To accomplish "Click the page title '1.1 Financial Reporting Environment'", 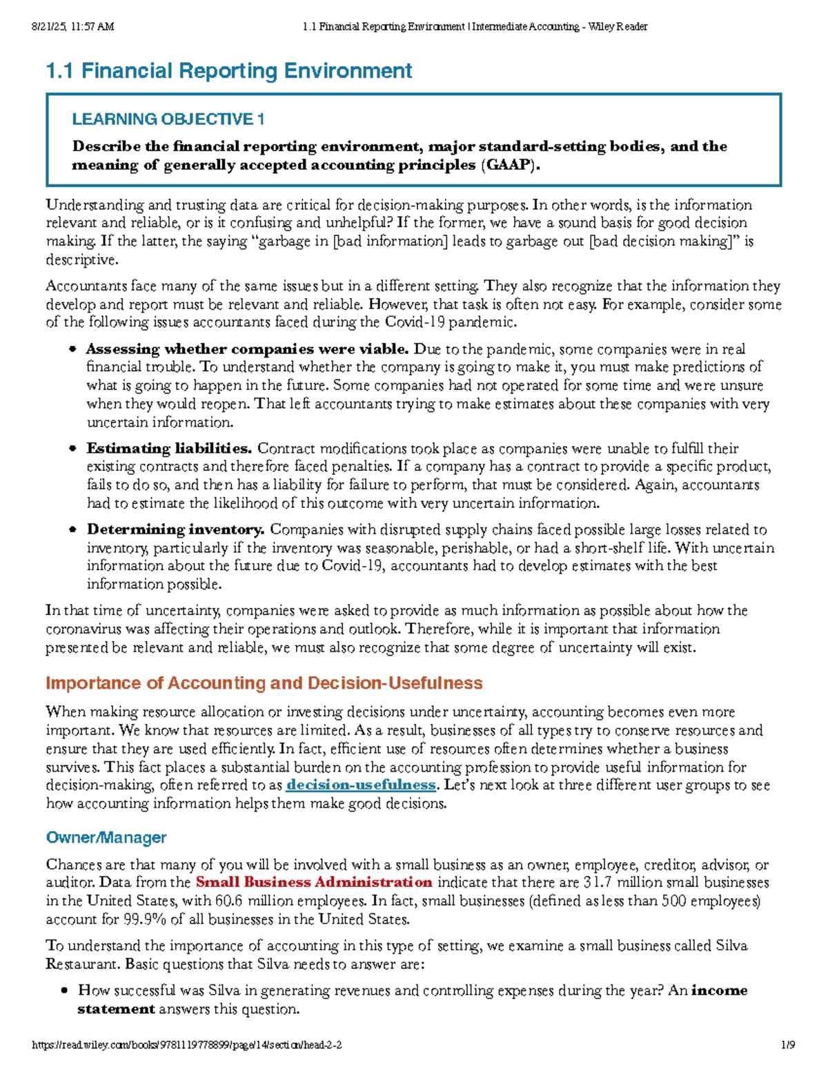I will click(228, 71).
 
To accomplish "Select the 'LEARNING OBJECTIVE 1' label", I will click(168, 119).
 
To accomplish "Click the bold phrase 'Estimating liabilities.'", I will click(169, 449).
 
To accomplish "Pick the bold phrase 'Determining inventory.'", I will click(175, 530).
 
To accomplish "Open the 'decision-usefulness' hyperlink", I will click(361, 786).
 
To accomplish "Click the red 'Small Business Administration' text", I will click(314, 883).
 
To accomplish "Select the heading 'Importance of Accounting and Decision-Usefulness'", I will click(264, 683).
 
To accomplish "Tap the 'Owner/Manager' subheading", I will click(106, 838).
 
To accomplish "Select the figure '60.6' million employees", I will click(229, 902).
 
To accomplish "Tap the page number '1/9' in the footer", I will click(788, 1046).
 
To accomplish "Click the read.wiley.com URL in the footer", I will click(187, 1046).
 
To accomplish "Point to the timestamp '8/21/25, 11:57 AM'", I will click(72, 27).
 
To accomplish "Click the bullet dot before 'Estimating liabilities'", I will click(72, 449).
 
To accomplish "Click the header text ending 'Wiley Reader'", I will click(475, 27).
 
